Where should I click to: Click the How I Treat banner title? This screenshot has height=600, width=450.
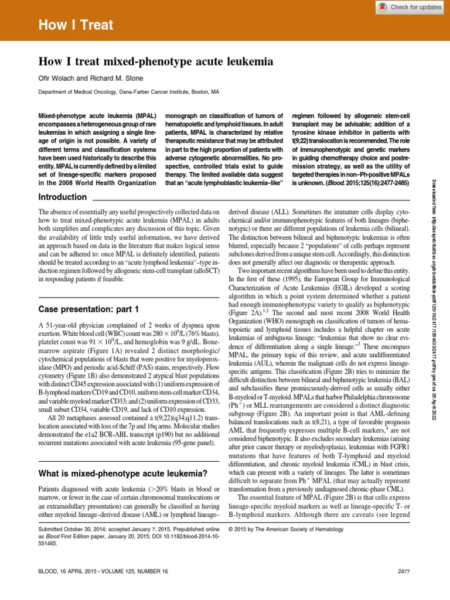click(x=76, y=25)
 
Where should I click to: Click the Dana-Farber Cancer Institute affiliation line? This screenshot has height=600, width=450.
click(x=128, y=92)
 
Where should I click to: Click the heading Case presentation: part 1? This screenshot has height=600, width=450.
click(x=88, y=308)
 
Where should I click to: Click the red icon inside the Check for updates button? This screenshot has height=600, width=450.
click(x=382, y=7)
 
